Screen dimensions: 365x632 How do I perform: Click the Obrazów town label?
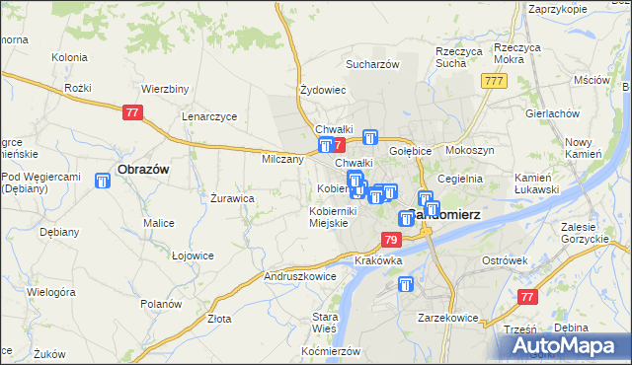pos(143,169)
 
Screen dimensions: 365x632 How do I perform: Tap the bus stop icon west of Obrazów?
pos(103,181)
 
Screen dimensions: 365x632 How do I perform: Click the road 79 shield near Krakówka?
pos(391,240)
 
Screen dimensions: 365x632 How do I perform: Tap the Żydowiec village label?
pos(322,90)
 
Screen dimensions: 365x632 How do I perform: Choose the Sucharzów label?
pos(371,64)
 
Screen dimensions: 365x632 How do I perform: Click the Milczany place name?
pos(282,159)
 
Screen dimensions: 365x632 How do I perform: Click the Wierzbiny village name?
pos(165,88)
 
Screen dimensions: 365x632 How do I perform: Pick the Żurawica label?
pos(233,197)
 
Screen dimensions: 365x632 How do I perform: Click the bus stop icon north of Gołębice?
pos(370,138)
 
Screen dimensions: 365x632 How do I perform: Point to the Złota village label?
pos(219,319)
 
